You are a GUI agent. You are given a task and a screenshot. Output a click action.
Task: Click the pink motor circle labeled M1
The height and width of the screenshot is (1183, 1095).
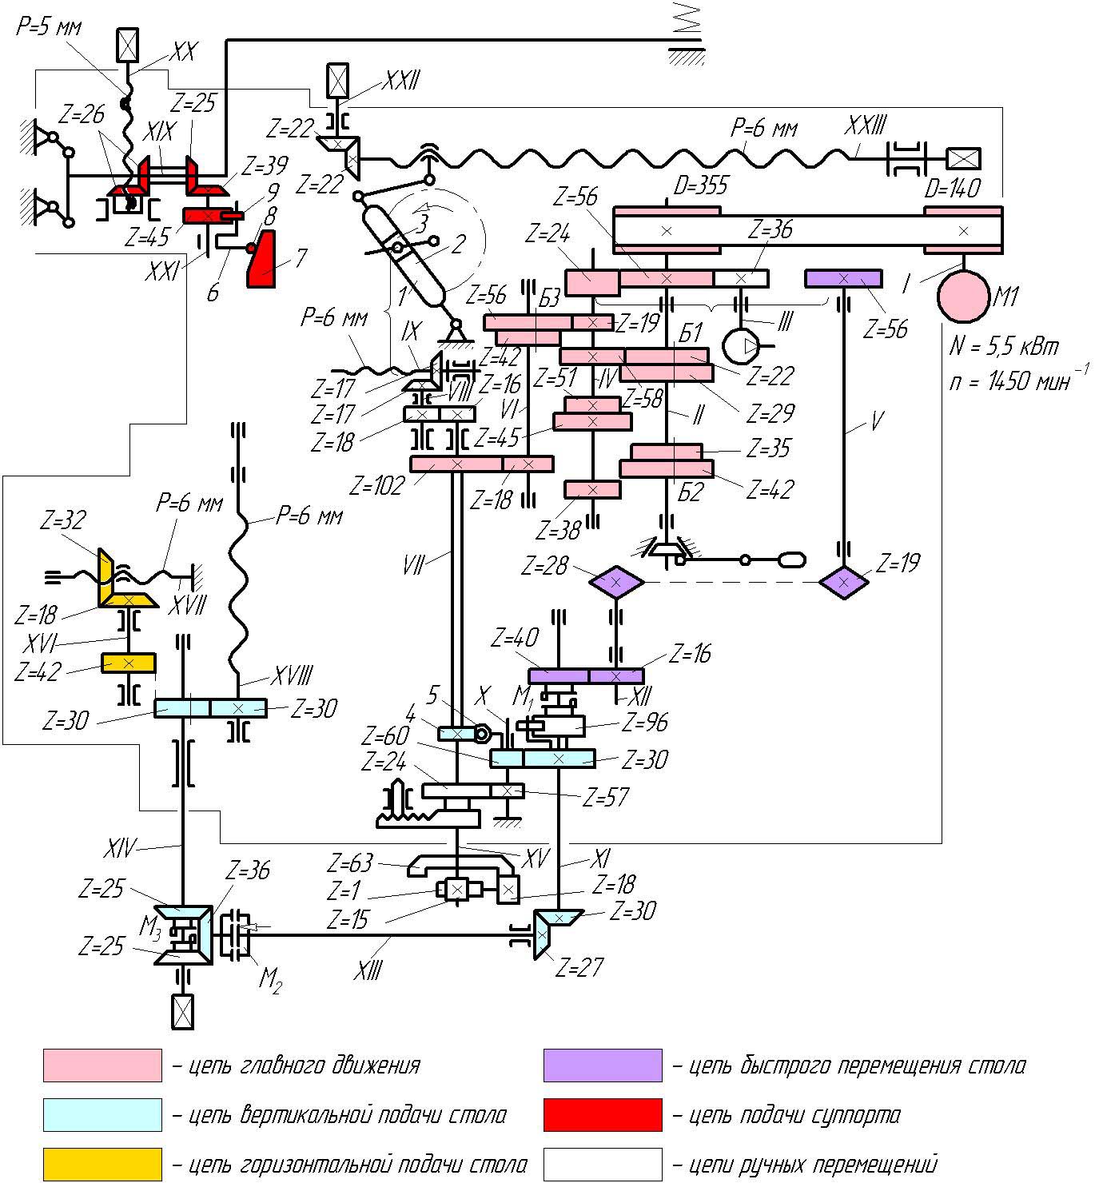click(x=963, y=297)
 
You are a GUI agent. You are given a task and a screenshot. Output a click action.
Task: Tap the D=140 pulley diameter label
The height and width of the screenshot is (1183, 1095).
click(x=952, y=188)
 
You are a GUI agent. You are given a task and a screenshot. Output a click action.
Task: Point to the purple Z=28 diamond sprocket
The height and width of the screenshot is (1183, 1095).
click(x=615, y=583)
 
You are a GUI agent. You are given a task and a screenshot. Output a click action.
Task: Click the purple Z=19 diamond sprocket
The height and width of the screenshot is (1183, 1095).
click(x=845, y=582)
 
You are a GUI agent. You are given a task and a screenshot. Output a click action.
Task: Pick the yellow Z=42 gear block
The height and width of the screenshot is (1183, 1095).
click(x=128, y=663)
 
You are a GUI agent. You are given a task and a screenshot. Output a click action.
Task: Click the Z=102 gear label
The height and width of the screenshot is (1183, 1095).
click(x=376, y=484)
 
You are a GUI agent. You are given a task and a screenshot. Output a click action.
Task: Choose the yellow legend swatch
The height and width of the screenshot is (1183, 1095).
click(x=102, y=1165)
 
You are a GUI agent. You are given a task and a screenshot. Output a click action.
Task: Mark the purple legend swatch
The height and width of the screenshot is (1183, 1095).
click(x=603, y=1065)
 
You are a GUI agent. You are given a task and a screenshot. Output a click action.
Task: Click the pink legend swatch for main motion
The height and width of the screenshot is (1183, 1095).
click(x=102, y=1065)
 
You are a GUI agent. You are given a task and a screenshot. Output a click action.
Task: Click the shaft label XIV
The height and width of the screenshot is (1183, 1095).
click(x=121, y=847)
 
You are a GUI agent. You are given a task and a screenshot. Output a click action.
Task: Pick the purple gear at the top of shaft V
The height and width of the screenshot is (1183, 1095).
click(x=843, y=278)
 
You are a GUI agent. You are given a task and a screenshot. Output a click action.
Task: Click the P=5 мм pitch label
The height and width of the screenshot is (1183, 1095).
click(x=49, y=26)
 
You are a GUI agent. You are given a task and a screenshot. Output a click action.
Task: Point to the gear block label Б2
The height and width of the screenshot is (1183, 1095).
click(x=691, y=492)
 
